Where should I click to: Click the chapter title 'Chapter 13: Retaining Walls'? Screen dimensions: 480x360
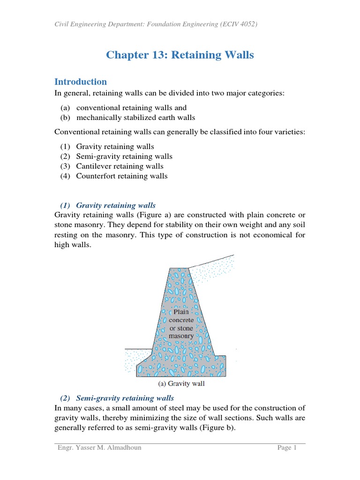[x=180, y=55]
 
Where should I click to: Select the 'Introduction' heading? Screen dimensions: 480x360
[x=81, y=82]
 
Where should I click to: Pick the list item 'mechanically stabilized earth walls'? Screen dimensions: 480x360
[x=135, y=118]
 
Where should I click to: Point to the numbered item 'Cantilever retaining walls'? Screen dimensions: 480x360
[x=120, y=166]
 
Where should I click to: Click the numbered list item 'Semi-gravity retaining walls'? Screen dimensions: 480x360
[x=124, y=157]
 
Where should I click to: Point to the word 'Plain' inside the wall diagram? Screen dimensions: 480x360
[x=181, y=312]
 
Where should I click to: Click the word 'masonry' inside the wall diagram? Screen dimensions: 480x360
[x=181, y=336]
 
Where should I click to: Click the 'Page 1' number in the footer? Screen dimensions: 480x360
[x=287, y=448]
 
